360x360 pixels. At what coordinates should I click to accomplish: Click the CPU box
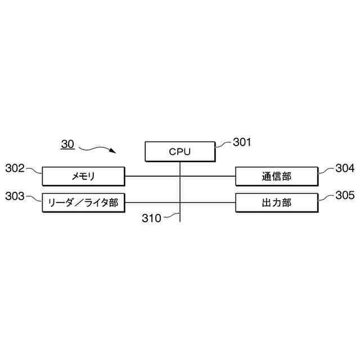point(180,151)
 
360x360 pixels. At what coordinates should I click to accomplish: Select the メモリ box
point(83,177)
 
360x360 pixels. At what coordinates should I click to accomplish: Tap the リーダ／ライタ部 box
point(83,202)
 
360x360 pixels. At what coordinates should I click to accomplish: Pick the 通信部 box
point(277,177)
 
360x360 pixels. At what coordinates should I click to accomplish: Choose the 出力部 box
point(277,202)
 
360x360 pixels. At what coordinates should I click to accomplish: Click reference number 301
point(242,142)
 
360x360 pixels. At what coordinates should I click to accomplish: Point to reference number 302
point(15,168)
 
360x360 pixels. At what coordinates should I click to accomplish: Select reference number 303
point(15,196)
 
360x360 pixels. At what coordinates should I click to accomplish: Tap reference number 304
point(345,168)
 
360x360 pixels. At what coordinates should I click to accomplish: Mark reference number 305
point(345,196)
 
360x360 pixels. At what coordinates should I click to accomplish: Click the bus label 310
point(151,218)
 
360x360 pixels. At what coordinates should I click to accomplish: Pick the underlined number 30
point(67,145)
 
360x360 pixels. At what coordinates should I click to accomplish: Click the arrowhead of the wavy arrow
point(113,151)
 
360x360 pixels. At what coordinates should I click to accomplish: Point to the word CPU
point(180,151)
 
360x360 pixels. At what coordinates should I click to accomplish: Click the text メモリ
point(83,177)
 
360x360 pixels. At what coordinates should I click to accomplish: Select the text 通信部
point(277,177)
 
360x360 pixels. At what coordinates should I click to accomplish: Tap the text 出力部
point(277,202)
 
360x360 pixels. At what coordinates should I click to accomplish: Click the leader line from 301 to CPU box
point(223,144)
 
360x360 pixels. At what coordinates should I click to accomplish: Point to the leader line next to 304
point(326,169)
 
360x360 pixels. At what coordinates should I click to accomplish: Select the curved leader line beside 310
point(170,216)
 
